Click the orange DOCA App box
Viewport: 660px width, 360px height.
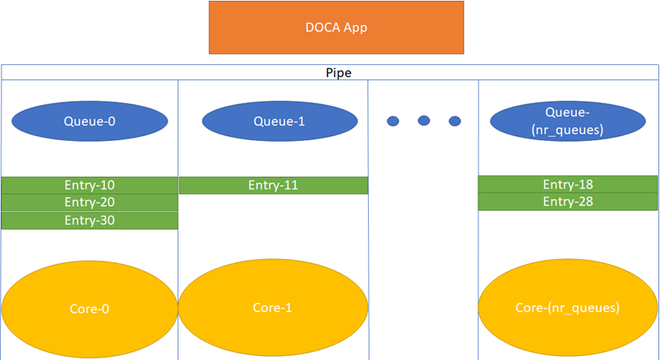(x=336, y=27)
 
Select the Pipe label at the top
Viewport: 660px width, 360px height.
(x=338, y=73)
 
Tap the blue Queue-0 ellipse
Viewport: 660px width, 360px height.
(x=89, y=121)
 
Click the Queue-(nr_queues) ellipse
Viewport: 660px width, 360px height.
(x=568, y=121)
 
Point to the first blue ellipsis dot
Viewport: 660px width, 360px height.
(x=393, y=121)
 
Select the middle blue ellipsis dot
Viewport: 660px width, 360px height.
(x=424, y=121)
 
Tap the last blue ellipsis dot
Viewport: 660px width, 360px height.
(x=454, y=121)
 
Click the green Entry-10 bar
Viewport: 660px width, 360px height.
(x=89, y=185)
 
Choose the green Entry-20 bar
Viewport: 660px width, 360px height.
(x=89, y=203)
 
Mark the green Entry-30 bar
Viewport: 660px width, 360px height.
(x=89, y=221)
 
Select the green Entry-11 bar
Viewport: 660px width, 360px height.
(x=273, y=185)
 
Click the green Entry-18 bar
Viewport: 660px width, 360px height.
(x=568, y=185)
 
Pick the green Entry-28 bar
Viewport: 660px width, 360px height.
(x=568, y=202)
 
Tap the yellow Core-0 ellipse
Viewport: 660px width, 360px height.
(x=89, y=308)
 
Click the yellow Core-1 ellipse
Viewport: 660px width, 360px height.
(x=273, y=308)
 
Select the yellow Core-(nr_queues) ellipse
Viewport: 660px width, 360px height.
(x=568, y=308)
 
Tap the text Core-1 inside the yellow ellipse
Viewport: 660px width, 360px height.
(x=273, y=308)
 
